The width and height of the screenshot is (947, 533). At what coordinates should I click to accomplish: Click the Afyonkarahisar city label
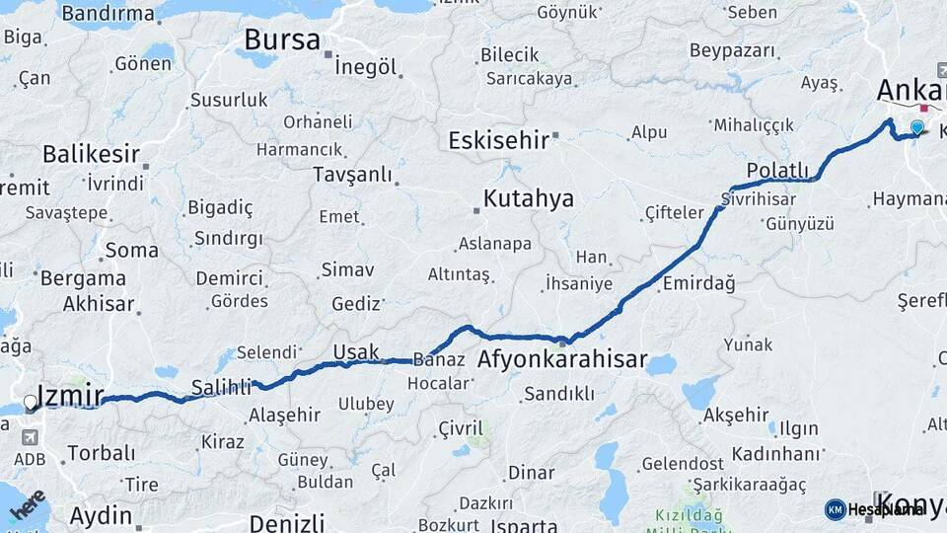[562, 360]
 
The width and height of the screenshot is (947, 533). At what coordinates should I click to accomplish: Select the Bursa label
[282, 40]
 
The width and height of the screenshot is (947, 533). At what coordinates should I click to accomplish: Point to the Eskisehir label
[498, 140]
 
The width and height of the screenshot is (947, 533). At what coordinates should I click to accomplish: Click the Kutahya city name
[530, 199]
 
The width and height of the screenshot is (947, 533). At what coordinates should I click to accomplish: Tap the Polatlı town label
[777, 170]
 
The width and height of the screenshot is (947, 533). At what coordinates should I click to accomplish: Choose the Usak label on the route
[356, 352]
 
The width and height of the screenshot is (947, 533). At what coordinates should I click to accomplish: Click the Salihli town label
[220, 388]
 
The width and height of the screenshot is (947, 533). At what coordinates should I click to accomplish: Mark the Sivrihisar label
[758, 197]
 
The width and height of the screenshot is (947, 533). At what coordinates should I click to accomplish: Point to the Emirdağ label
[699, 283]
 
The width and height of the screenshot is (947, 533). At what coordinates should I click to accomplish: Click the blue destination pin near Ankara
[917, 127]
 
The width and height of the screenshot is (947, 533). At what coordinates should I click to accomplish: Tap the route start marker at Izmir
[31, 403]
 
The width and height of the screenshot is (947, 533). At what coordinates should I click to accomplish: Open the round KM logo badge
[835, 509]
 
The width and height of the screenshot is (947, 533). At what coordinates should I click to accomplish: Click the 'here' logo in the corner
[27, 506]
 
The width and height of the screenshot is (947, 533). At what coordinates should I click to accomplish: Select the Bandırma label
[108, 14]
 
